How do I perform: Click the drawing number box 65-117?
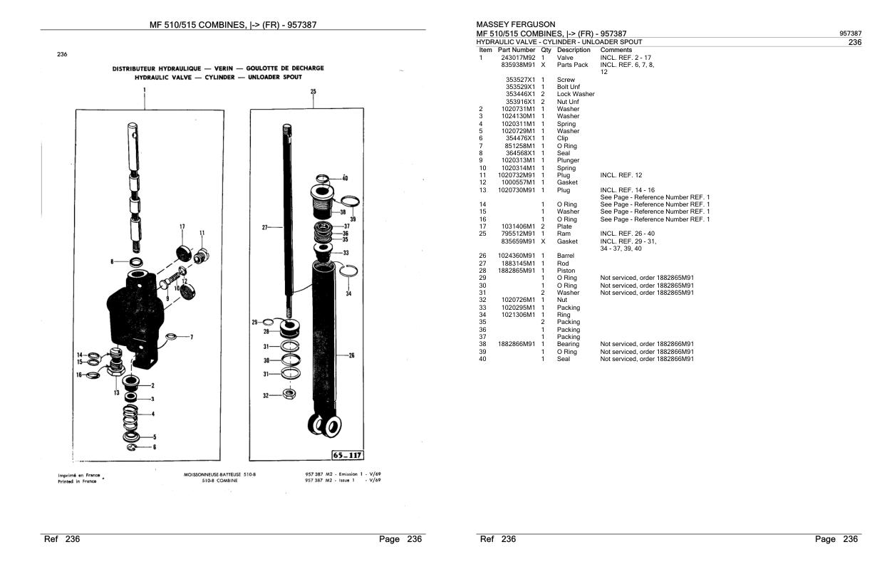[347, 455]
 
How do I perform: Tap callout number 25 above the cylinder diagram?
[313, 91]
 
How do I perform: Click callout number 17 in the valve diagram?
[182, 226]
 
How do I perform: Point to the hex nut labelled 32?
[289, 395]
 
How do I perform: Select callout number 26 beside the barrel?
[351, 355]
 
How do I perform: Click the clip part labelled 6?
[133, 447]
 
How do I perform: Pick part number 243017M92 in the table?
[518, 58]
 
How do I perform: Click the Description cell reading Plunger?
[568, 160]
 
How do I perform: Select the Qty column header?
[546, 51]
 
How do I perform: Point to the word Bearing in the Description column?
[568, 344]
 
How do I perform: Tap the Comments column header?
[616, 51]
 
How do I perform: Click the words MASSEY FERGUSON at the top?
[515, 24]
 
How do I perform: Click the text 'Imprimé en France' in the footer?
[79, 475]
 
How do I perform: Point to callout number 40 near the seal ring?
[345, 178]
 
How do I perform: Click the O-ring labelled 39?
[350, 202]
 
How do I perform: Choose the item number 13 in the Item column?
[483, 190]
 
